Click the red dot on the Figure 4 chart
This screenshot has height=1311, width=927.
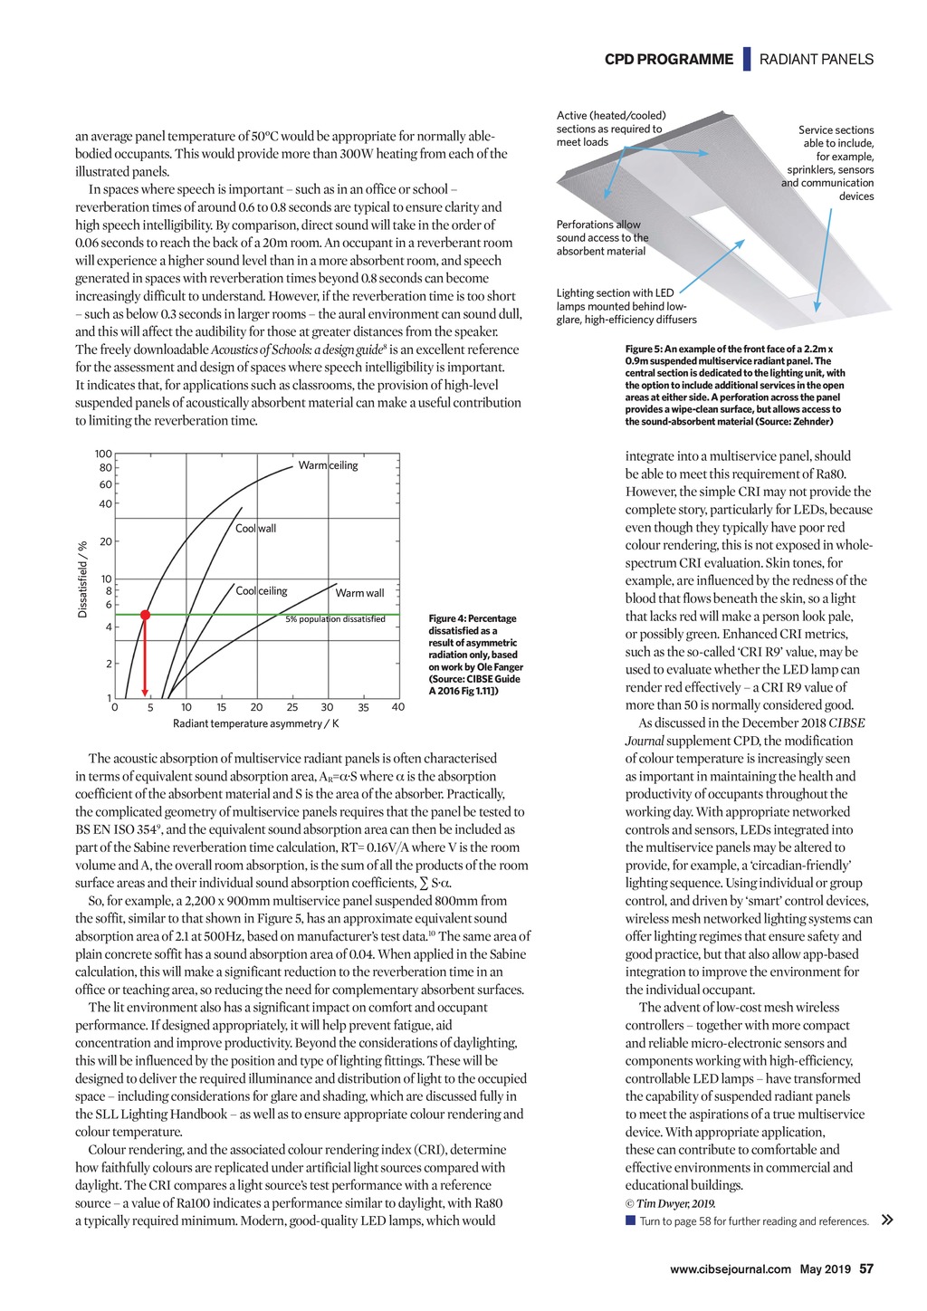(145, 614)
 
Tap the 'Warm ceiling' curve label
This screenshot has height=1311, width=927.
(328, 465)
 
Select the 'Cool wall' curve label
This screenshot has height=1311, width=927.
(255, 528)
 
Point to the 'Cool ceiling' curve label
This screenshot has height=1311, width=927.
(261, 590)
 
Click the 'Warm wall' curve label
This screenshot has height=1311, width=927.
(359, 593)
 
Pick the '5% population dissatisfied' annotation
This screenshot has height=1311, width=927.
(335, 619)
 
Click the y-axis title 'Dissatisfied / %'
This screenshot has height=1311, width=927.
(82, 579)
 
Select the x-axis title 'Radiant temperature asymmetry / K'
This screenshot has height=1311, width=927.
(255, 723)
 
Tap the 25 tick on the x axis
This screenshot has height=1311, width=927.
(291, 707)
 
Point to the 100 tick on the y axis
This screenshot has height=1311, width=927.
(103, 454)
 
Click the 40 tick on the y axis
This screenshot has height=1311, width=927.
(105, 503)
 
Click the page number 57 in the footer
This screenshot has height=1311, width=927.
(866, 1268)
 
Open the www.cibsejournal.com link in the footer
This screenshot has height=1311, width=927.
(730, 1269)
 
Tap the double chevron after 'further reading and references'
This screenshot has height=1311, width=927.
(887, 1220)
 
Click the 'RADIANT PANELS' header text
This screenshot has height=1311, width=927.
(817, 60)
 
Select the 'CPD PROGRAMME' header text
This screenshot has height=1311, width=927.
(669, 60)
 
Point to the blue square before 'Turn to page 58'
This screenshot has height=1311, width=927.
(630, 1220)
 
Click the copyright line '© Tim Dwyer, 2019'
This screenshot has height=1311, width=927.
(670, 1203)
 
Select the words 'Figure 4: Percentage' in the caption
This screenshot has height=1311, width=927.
(472, 619)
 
